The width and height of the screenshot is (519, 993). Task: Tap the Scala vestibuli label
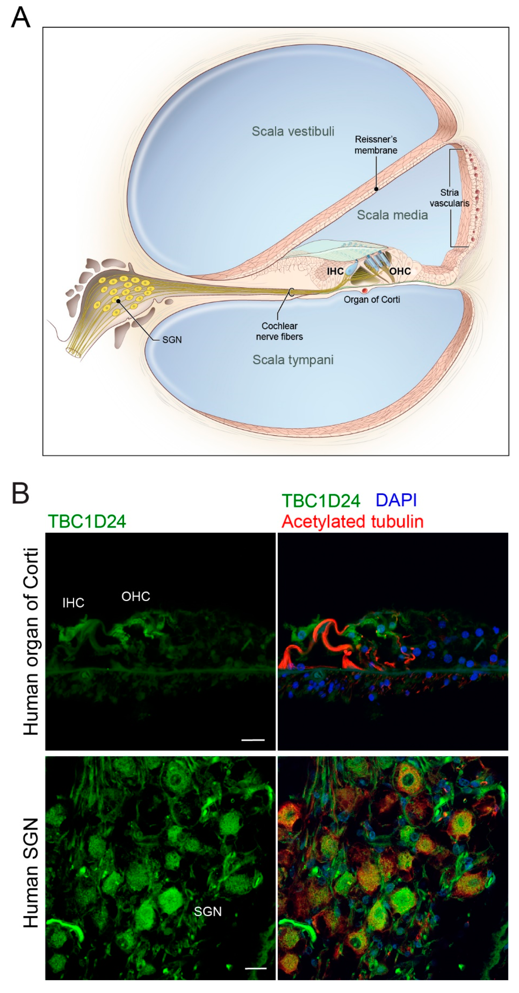(293, 132)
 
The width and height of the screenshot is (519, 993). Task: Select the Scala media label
(392, 215)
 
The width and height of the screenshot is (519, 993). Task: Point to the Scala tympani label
(293, 360)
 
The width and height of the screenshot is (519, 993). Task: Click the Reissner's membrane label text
(376, 145)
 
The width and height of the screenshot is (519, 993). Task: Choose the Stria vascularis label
(449, 198)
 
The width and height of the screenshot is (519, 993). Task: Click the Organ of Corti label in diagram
(372, 299)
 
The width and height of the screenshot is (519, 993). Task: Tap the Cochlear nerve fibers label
(279, 331)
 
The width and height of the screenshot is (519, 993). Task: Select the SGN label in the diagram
(172, 340)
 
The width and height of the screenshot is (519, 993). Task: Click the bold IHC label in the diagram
(335, 271)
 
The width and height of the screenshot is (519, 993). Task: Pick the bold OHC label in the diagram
(400, 271)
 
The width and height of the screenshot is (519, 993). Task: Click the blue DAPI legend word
(396, 500)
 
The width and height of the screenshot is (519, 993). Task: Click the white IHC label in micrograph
(73, 603)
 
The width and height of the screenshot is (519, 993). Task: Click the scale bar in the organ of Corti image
(253, 740)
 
